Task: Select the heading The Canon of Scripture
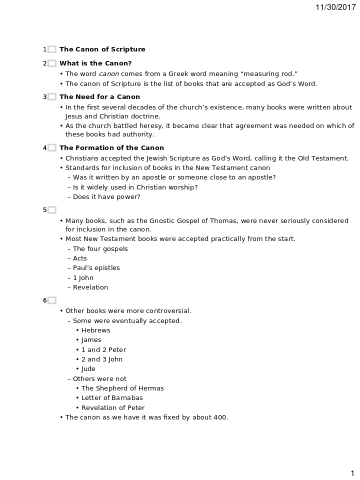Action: tap(102, 49)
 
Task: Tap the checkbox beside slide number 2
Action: tap(52, 63)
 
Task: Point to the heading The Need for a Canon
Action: tap(99, 97)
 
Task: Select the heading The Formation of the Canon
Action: tap(111, 148)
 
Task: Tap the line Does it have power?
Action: tap(106, 197)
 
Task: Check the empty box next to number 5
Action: tap(52, 210)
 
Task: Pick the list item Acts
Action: tap(80, 258)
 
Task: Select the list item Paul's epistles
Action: tap(96, 268)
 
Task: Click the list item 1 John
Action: tap(83, 278)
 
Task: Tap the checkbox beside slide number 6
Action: tap(52, 300)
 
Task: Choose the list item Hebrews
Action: tap(96, 330)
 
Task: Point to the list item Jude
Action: tap(88, 369)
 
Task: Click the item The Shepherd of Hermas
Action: tap(122, 388)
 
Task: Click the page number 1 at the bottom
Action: tap(352, 473)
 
